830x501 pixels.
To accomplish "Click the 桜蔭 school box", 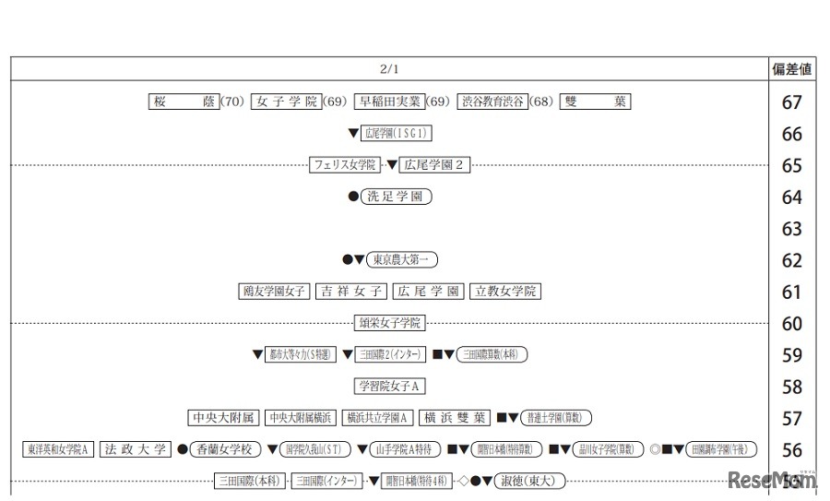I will coord(184,101).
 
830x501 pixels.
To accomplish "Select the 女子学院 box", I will coord(286,101).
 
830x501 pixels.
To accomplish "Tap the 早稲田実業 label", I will coord(389,101).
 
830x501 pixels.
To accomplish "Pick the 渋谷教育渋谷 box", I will coord(493,101).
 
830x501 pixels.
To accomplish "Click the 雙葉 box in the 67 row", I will coord(595,101).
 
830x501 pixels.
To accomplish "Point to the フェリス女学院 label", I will coord(345,165).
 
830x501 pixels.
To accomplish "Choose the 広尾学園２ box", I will coord(436,165).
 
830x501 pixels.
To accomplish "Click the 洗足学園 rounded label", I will coord(396,197).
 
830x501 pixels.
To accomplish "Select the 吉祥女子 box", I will coord(350,292).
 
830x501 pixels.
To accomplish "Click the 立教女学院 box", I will coord(504,292).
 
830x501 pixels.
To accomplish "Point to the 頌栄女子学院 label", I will coord(390,323).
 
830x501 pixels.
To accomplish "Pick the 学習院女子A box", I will coord(390,387).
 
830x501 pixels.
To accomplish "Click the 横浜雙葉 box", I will coord(454,418).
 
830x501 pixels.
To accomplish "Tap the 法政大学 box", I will coord(136,449).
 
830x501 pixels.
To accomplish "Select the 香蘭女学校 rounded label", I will coord(225,449).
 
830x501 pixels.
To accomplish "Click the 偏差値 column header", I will coord(791,69).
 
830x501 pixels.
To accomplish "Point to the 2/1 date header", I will coord(390,69).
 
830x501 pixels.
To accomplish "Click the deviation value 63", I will coord(791,228).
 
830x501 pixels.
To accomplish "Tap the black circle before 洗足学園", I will coord(352,197).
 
